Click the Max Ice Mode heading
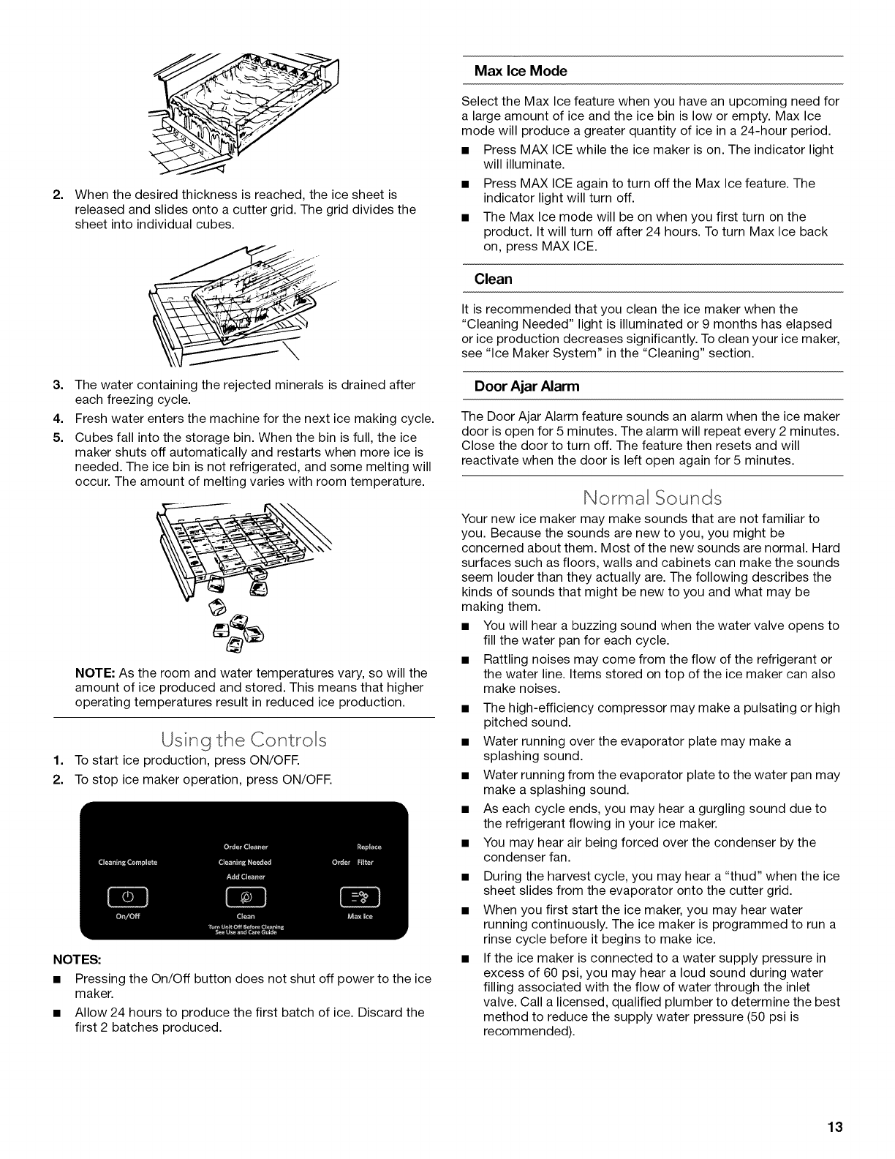(x=521, y=71)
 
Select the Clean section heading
(x=494, y=279)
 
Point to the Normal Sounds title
(x=652, y=498)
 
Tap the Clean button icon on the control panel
(x=246, y=895)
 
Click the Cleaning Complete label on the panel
(x=128, y=862)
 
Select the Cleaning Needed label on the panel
(x=246, y=862)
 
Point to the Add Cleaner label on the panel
(x=246, y=876)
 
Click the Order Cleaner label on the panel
(x=246, y=848)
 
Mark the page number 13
(x=835, y=1128)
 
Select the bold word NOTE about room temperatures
(x=91, y=672)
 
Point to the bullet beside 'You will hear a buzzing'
(x=465, y=626)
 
